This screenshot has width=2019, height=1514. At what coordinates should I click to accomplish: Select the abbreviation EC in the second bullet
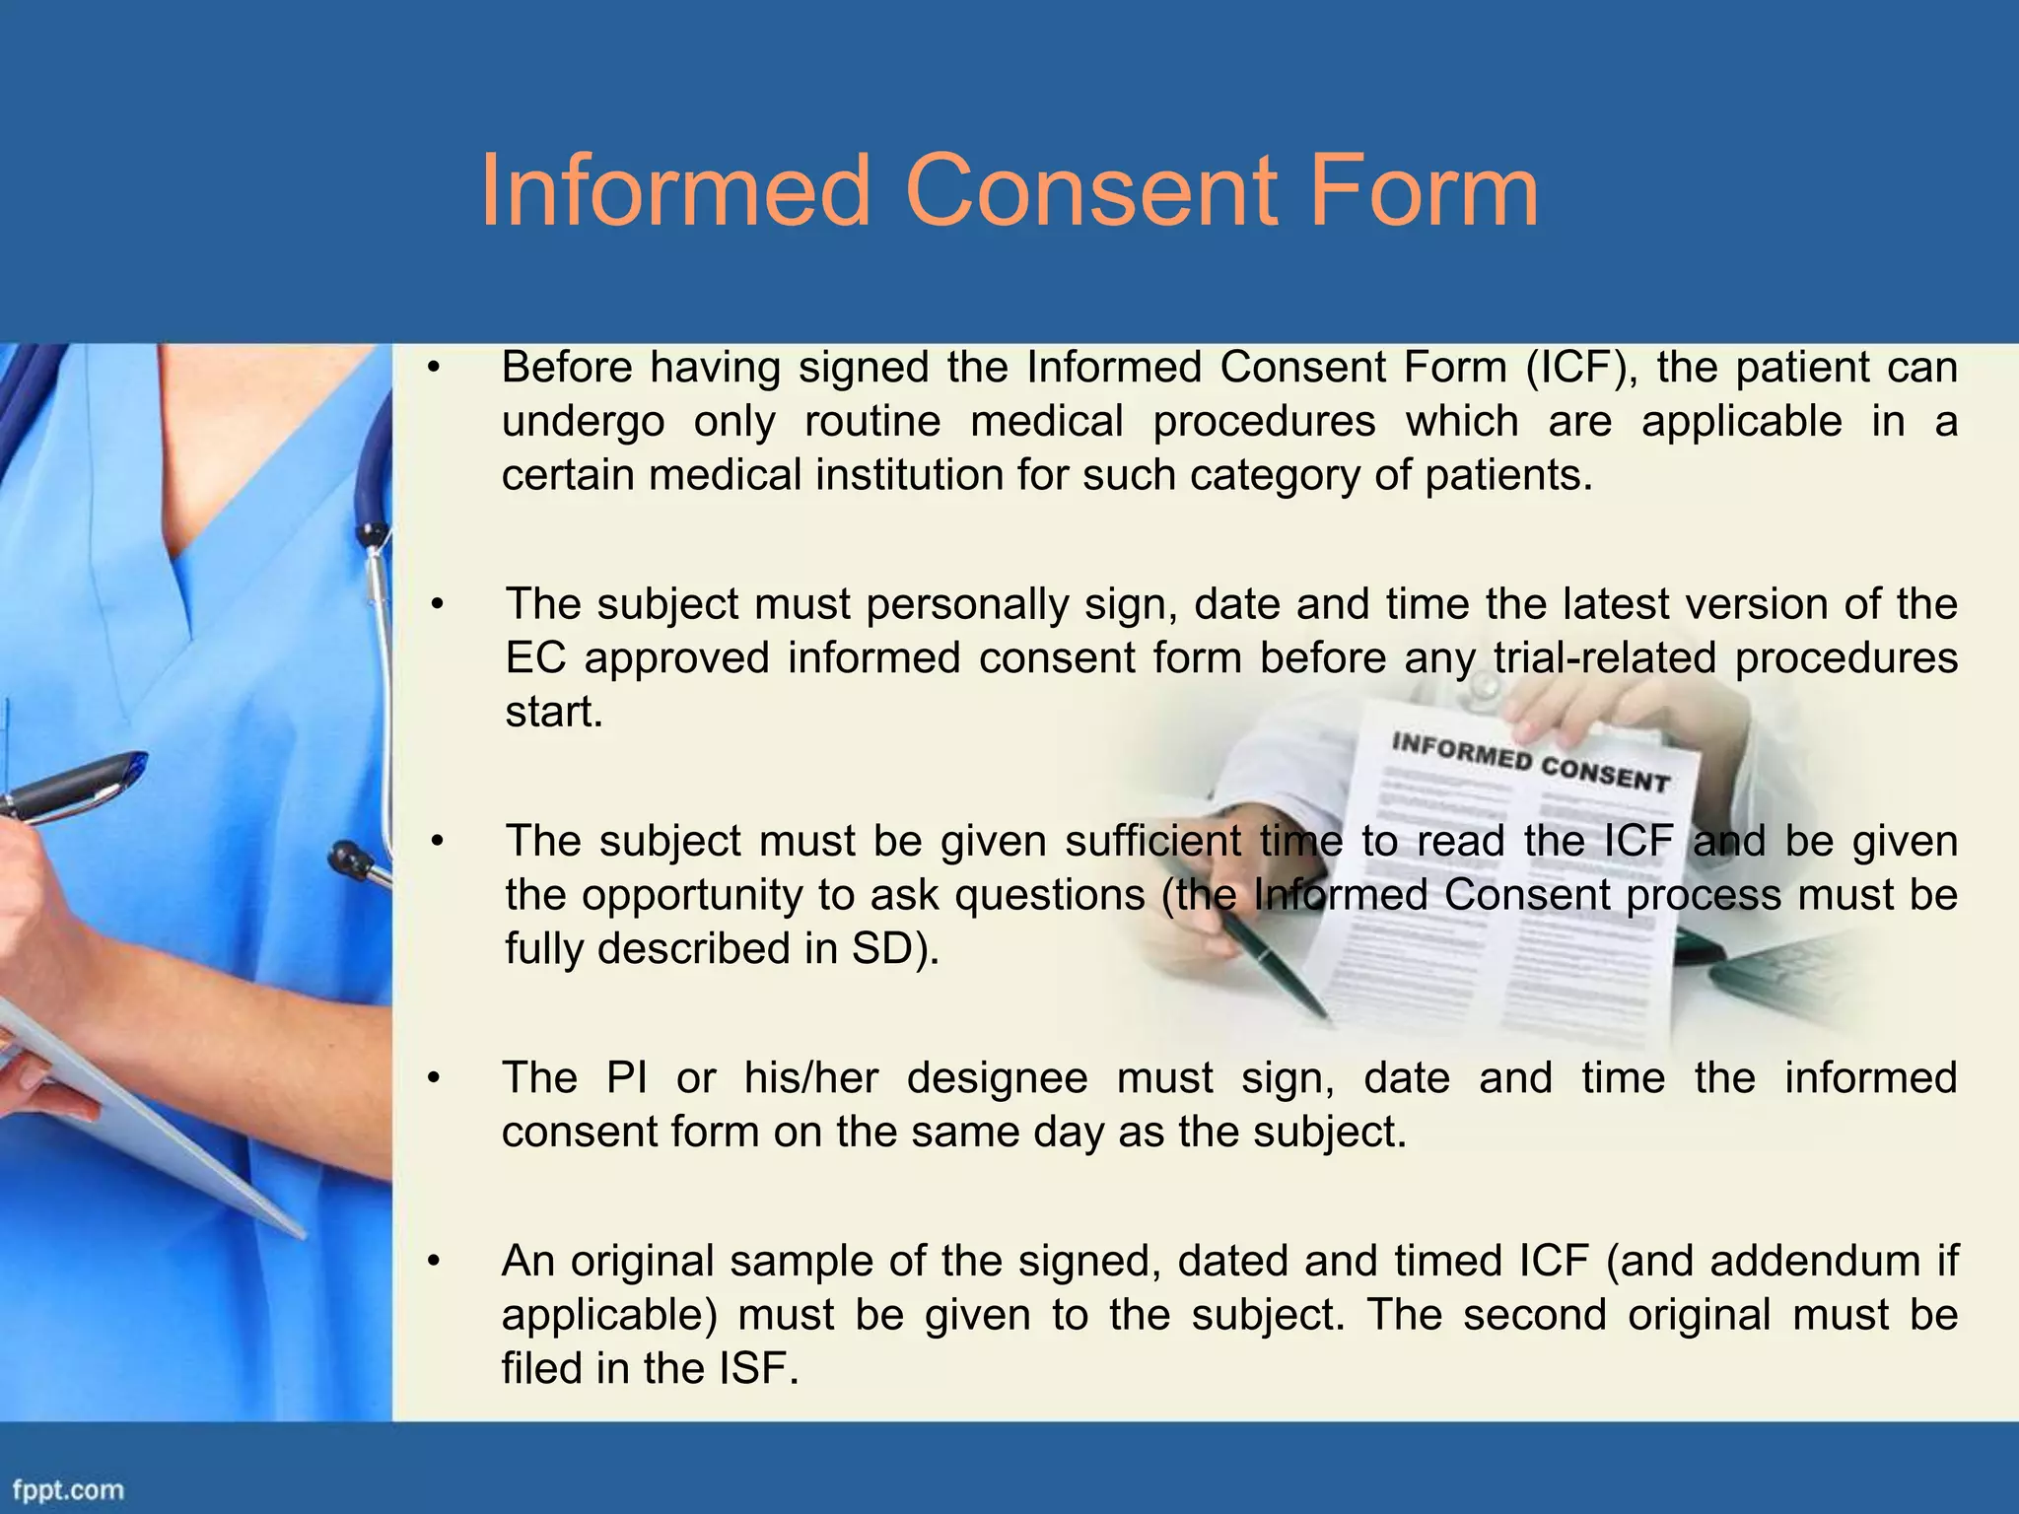[535, 658]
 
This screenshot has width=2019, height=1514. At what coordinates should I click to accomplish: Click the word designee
[997, 1078]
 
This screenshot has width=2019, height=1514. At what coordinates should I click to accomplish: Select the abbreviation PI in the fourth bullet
[627, 1078]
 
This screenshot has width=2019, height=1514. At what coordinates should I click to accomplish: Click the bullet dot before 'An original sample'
[432, 1263]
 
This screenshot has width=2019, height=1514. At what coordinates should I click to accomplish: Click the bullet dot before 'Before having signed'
[432, 369]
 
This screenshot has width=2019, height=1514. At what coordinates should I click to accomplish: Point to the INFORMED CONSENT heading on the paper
[1530, 762]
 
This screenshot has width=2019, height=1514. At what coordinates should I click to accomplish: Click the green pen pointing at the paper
[1272, 961]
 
